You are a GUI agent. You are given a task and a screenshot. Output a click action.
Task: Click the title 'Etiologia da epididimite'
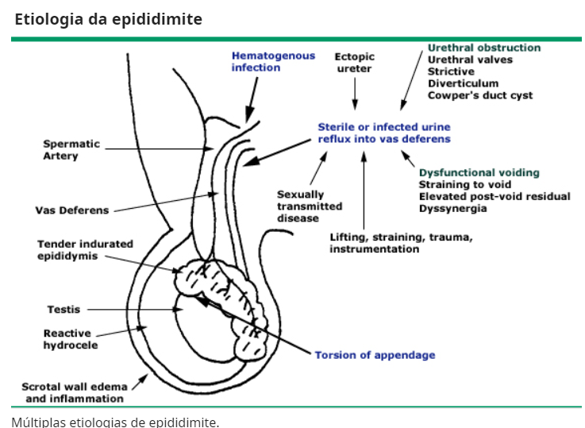coord(108,19)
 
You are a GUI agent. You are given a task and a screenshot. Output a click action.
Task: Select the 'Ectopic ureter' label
coord(354,63)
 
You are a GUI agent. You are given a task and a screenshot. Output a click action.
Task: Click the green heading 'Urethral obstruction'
coord(484,48)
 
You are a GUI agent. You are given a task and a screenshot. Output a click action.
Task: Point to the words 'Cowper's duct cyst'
coord(480,95)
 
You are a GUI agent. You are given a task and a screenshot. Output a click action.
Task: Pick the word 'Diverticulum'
coord(464,83)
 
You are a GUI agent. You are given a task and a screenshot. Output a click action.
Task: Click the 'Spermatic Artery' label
coord(71,150)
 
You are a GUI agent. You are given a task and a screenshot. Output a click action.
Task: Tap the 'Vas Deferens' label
coord(72,210)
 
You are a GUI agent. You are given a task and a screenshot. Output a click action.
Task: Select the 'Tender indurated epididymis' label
coord(85,250)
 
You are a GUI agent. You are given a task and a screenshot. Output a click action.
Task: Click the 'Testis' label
coord(64,310)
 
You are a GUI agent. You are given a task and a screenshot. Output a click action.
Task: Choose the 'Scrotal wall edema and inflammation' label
coord(73,392)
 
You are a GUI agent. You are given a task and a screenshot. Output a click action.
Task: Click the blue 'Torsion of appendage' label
coord(375,355)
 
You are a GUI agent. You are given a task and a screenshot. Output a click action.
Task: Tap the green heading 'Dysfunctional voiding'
coord(479,172)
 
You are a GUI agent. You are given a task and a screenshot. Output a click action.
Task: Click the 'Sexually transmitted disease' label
coord(310,206)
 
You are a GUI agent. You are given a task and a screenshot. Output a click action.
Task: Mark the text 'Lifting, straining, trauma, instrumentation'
coord(401,243)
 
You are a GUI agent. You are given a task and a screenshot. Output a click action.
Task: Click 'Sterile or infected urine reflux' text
coord(384,133)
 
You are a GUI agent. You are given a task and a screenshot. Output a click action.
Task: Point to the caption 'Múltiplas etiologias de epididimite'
coord(115,421)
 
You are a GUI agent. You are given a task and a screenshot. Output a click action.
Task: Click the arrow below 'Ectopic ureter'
coord(354,94)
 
